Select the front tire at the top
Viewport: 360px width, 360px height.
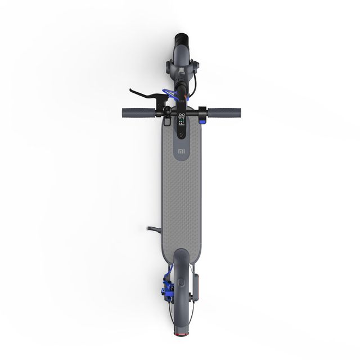[x=181, y=43]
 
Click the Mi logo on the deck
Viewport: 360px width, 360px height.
[x=181, y=151]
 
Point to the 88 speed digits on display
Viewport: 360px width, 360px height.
[x=181, y=116]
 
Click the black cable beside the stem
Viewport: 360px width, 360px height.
[x=195, y=84]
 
